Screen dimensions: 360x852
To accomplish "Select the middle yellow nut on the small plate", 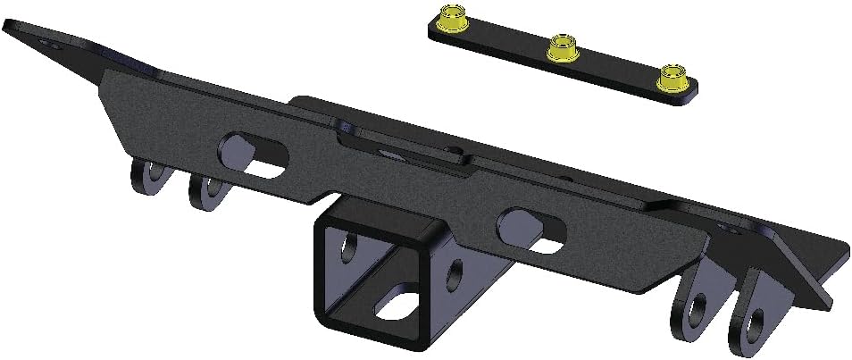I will click(x=561, y=45).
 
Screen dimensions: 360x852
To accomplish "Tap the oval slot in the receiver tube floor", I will click(x=399, y=304).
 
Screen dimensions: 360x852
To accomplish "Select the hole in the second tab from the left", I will click(x=211, y=188).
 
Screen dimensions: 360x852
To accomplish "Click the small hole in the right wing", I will click(x=735, y=230).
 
